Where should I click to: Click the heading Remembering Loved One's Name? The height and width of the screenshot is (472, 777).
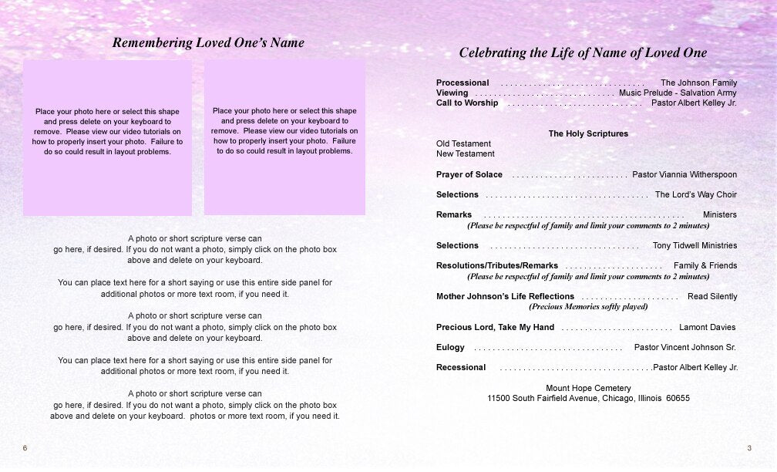(208, 43)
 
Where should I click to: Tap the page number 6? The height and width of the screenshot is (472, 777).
(25, 448)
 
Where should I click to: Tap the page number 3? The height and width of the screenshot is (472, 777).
(749, 448)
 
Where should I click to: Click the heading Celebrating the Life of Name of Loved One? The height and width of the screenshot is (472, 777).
(583, 53)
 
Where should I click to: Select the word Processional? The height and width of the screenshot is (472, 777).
(462, 83)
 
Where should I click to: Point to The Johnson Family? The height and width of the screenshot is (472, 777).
(698, 83)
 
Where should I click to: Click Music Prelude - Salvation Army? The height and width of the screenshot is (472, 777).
(678, 93)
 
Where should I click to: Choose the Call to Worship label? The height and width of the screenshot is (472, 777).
(467, 103)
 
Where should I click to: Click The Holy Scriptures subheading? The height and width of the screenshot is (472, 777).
(588, 133)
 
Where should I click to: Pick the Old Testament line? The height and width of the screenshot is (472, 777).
(463, 143)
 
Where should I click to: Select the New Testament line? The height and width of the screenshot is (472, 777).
(466, 153)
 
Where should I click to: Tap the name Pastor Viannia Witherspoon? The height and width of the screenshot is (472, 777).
(684, 174)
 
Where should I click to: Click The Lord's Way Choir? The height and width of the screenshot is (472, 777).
(696, 194)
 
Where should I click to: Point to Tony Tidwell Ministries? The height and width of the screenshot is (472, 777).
(695, 245)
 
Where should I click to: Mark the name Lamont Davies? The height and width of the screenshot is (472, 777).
(707, 327)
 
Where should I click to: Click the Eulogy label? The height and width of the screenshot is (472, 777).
(450, 347)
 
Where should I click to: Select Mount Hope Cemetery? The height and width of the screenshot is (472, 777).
(588, 388)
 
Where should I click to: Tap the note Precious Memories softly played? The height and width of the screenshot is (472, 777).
(588, 306)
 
